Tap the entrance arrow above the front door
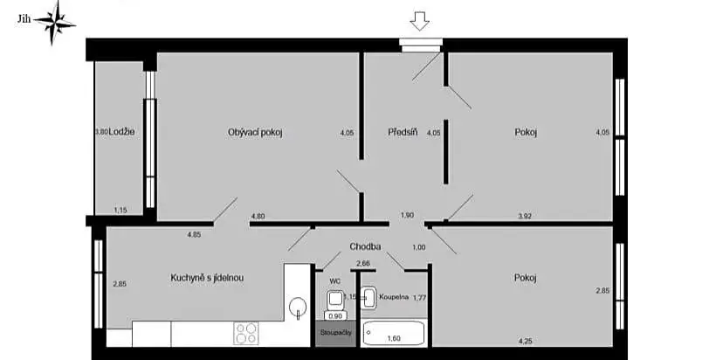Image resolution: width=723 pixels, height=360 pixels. [x=421, y=21]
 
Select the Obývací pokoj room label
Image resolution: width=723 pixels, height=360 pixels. [x=256, y=133]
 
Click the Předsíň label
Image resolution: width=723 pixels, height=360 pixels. [x=403, y=133]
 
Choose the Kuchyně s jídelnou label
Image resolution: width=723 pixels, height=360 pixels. [x=206, y=278]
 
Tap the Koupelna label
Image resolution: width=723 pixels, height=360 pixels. [x=394, y=297]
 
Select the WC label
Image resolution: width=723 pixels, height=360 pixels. [x=334, y=281]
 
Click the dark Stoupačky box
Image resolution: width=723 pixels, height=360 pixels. [x=336, y=333]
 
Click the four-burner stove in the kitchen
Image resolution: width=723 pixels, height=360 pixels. [x=246, y=333]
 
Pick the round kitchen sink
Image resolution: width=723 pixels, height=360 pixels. [x=299, y=307]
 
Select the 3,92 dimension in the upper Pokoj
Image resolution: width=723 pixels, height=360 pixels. [x=525, y=215]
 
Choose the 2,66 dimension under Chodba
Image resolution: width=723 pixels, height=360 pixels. [x=362, y=263]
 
